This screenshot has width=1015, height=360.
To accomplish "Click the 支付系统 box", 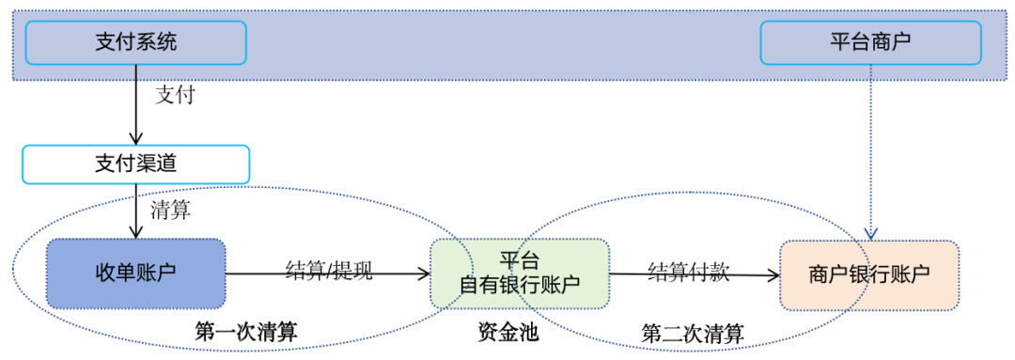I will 135,42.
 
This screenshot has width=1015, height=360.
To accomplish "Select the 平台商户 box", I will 870,42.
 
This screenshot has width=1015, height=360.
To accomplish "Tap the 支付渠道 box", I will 135,164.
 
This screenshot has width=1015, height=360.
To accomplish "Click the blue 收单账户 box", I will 135,274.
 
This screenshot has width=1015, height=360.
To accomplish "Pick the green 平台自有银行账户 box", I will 520,274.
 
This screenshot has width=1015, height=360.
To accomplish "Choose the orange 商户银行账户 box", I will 869,274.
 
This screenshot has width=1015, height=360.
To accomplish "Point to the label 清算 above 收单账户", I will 170,211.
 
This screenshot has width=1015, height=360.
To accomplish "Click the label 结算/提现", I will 329,271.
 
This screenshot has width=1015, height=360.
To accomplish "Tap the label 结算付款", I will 688,271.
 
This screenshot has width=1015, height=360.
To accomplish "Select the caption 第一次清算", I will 246,331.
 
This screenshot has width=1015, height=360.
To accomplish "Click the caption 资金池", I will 508,331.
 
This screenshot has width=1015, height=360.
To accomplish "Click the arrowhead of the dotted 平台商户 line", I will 871,233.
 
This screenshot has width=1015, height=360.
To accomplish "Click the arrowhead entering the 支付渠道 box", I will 136,139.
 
